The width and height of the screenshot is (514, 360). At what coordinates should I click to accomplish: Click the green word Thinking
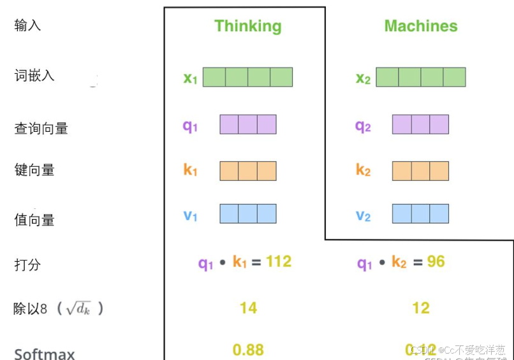(247, 26)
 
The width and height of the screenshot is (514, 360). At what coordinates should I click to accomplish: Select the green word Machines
(420, 26)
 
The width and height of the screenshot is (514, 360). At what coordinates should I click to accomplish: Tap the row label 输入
(27, 25)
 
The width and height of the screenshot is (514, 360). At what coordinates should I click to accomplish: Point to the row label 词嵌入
(34, 76)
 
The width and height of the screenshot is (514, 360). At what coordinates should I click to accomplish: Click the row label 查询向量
(41, 128)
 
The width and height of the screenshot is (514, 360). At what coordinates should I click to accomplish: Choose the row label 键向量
(34, 170)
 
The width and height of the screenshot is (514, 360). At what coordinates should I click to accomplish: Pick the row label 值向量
(34, 220)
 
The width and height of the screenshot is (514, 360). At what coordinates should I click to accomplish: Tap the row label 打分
(27, 264)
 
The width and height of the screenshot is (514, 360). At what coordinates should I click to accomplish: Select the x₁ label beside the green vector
(191, 78)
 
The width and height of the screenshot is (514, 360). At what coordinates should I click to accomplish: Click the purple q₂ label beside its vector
(363, 126)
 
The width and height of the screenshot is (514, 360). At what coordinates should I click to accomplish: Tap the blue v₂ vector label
(363, 215)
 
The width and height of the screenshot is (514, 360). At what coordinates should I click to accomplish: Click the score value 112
(279, 261)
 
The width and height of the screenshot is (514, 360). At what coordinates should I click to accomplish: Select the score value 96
(436, 261)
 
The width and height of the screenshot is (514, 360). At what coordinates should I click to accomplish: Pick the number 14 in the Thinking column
(248, 308)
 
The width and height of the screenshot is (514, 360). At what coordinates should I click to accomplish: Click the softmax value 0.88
(248, 350)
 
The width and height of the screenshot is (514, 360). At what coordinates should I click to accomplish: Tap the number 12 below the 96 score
(421, 308)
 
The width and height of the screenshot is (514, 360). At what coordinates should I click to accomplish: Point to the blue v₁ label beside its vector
(191, 215)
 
